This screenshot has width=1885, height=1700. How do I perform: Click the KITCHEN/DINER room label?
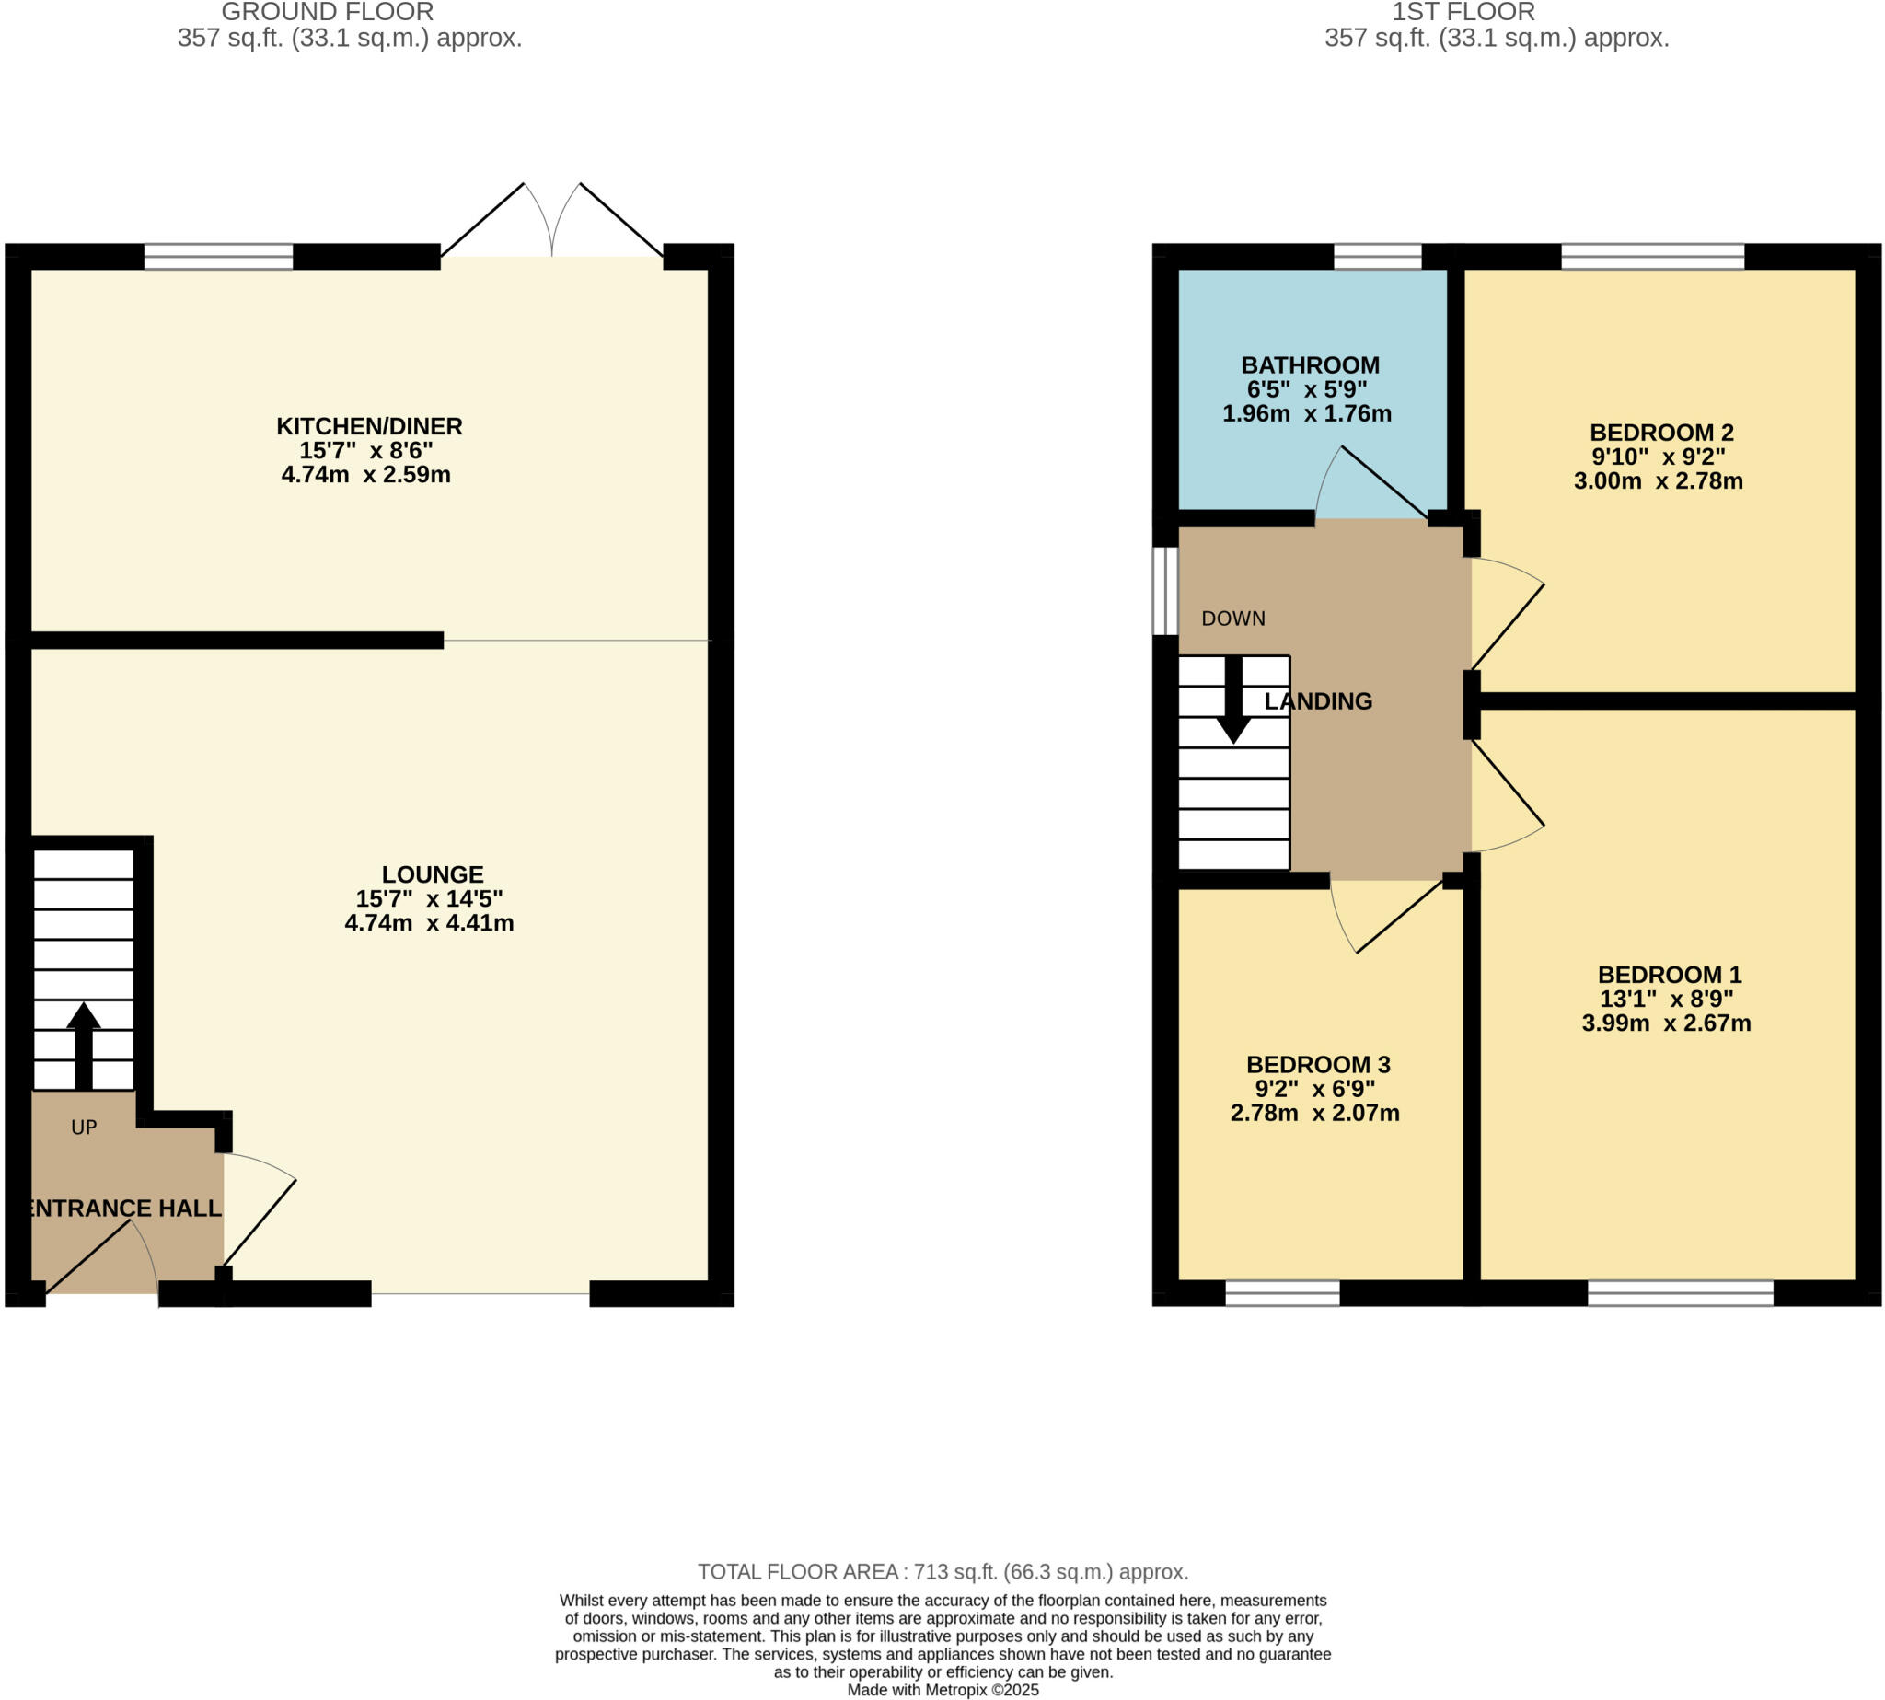(x=369, y=426)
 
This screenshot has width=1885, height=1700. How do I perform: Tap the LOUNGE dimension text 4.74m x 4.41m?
(x=429, y=923)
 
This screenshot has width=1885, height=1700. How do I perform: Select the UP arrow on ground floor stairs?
(x=83, y=1045)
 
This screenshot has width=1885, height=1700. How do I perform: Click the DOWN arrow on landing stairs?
(x=1233, y=700)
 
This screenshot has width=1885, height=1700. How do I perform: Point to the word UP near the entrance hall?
(x=84, y=1128)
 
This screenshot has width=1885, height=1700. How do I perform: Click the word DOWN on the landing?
(x=1233, y=619)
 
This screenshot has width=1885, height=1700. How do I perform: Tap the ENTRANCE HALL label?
(x=123, y=1208)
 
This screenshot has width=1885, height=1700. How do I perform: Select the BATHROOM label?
(x=1310, y=365)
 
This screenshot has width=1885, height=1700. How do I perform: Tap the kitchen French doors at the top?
(x=552, y=223)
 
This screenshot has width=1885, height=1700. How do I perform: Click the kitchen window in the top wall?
(x=218, y=256)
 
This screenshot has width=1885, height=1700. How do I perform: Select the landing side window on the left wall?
(x=1165, y=590)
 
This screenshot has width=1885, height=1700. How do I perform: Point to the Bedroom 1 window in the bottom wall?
(x=1680, y=1293)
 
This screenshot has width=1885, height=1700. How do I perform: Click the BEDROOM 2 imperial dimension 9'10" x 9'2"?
(x=1658, y=457)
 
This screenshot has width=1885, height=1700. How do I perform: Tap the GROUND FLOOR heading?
(x=327, y=12)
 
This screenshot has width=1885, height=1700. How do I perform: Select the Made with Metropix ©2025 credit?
(x=942, y=1690)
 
